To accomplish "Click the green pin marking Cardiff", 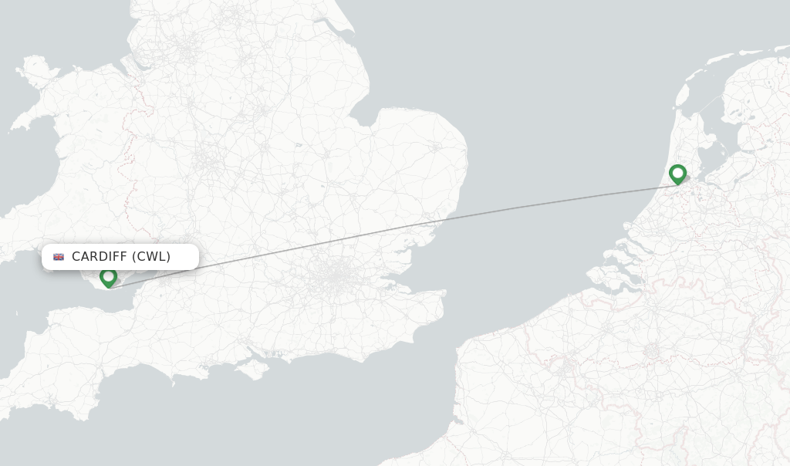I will click(109, 276).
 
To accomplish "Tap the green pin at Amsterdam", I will click(678, 174).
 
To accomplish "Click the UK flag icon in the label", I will click(59, 257).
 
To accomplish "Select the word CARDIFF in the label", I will click(99, 257).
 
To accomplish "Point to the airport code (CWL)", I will click(151, 257).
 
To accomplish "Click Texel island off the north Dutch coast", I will click(683, 93).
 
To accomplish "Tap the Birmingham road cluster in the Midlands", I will click(207, 162).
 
